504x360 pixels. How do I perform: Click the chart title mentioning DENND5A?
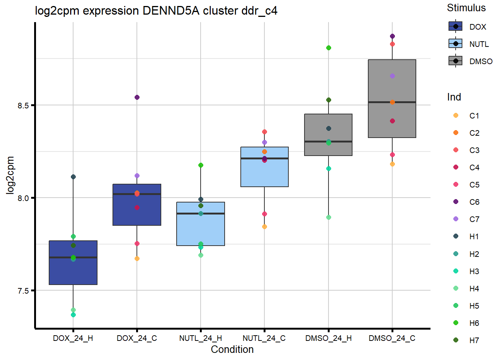156,10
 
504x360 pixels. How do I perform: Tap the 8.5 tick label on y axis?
23,105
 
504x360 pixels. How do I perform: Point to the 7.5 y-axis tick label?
23,291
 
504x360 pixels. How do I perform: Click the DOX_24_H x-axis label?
73,338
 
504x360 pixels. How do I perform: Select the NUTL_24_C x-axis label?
264,338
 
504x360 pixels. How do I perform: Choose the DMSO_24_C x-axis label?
392,338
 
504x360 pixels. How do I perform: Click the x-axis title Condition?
232,349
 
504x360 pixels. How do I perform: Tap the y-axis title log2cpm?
10,175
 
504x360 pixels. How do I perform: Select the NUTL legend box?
456,44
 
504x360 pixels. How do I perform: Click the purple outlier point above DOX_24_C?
137,97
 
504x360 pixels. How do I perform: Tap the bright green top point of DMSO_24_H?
328,48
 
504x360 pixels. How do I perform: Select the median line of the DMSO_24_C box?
392,102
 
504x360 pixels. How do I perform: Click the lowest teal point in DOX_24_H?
73,315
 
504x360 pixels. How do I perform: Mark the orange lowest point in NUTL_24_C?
264,226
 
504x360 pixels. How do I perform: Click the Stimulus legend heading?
466,8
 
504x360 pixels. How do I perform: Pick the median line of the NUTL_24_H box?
201,213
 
